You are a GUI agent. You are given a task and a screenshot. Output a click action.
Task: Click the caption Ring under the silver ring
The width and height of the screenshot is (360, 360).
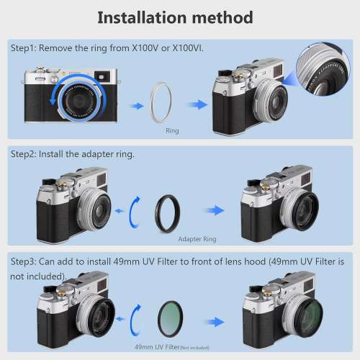[x=172, y=131]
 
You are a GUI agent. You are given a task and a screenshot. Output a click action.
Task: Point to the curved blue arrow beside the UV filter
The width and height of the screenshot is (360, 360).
[x=136, y=317]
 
